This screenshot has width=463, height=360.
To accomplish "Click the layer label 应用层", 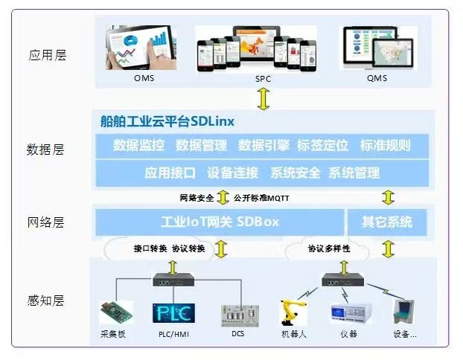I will [x=47, y=55].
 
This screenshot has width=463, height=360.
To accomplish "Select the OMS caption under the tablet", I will [x=144, y=78].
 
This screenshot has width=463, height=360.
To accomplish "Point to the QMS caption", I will [x=378, y=78].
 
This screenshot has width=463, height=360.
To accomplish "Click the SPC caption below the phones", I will [x=264, y=78].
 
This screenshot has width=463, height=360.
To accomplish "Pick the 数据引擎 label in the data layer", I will [x=264, y=145].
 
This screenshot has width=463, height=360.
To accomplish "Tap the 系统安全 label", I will [x=296, y=173].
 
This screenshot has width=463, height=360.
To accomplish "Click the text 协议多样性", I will [x=329, y=249].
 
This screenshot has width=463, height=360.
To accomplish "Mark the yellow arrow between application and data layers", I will [x=264, y=97].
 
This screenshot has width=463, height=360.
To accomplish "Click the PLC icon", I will [x=173, y=313].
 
